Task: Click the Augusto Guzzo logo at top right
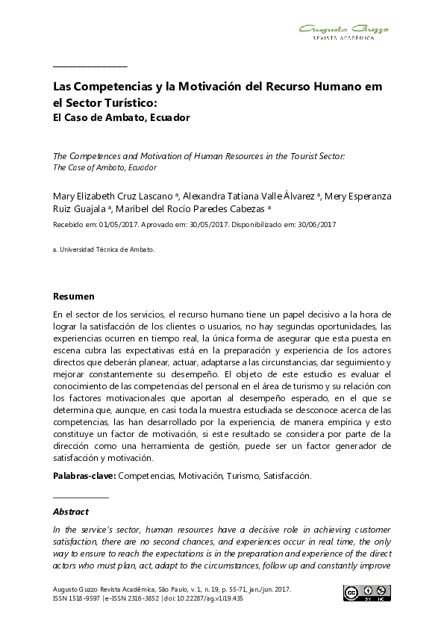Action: (x=343, y=31)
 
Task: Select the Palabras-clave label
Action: (x=84, y=476)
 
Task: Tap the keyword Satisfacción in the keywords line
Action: (x=287, y=476)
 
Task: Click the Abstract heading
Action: (x=71, y=512)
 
